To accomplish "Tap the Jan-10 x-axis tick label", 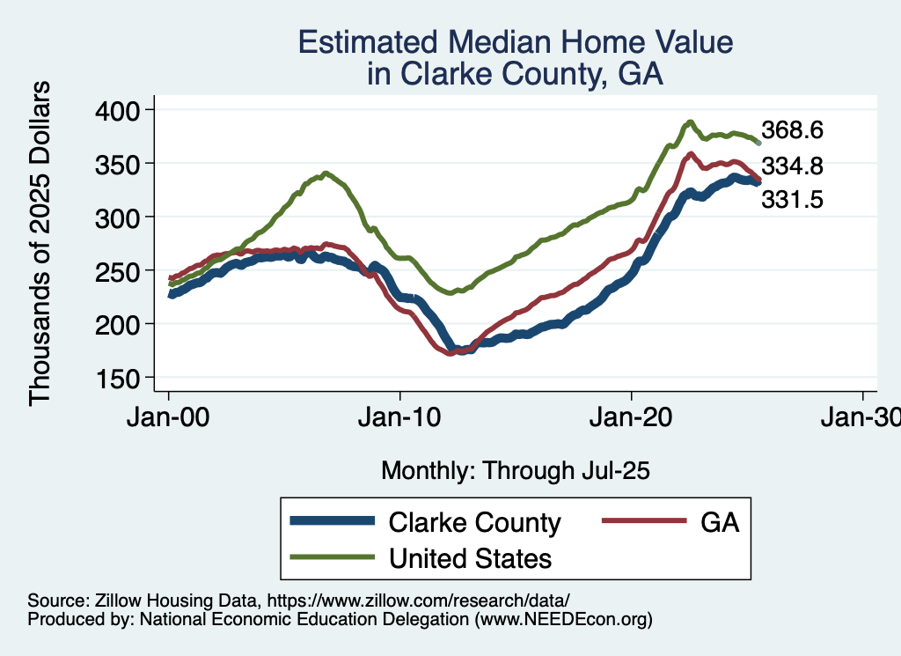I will [399, 417].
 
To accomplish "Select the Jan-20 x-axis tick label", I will [631, 417].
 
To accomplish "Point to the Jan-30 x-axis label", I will [861, 417].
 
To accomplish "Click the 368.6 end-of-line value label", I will [792, 130].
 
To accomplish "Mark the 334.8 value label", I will [792, 166].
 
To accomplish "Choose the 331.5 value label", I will [792, 201].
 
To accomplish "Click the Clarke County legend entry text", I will [474, 522].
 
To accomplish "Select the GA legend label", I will [719, 522].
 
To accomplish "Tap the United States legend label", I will [470, 557].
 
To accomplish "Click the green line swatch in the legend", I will [333, 557].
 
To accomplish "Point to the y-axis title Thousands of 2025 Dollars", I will [40, 243].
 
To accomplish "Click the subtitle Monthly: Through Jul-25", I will [515, 470].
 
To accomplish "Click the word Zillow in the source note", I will [111, 600].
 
